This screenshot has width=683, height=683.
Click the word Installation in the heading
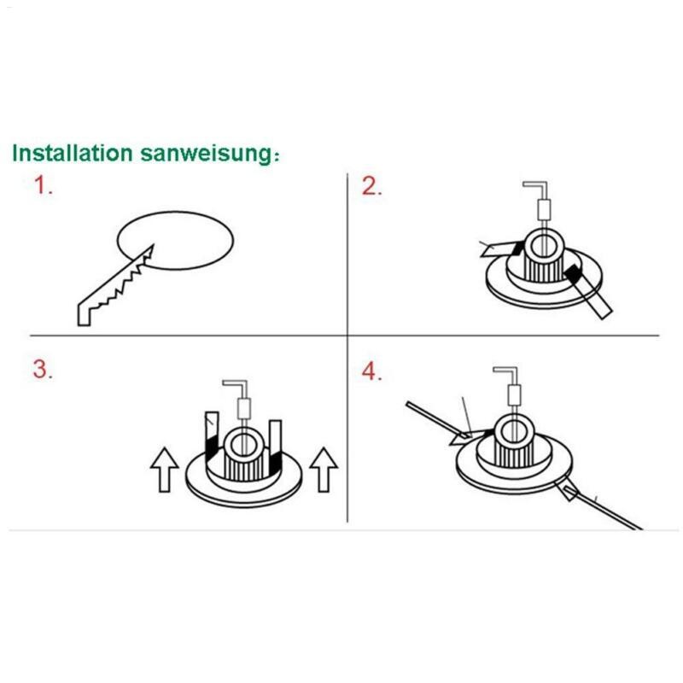(x=72, y=154)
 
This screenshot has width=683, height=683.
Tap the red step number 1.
(x=44, y=186)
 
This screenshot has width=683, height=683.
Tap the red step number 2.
(x=371, y=186)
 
